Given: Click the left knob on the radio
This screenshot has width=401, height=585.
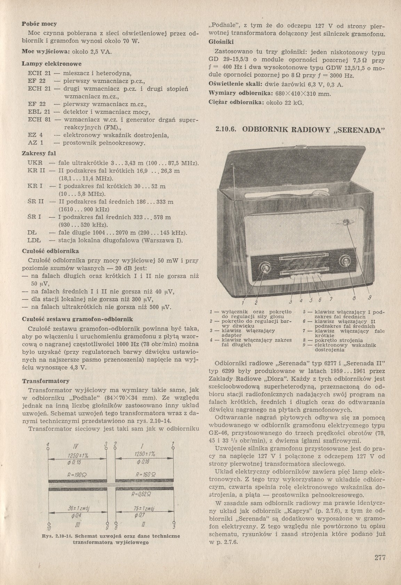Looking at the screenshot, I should [x=265, y=267].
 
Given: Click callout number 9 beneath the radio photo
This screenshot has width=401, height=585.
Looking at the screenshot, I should [x=369, y=298].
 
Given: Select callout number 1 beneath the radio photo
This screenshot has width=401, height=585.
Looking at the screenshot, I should [x=245, y=301].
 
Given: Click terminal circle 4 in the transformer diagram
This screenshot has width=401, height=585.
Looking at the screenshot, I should [x=48, y=449].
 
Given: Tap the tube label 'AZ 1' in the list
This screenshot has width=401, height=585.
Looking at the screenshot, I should [x=35, y=143].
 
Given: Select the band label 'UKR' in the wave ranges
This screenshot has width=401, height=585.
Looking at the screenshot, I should [x=35, y=163].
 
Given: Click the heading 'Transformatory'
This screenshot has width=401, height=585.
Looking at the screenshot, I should [x=46, y=381].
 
